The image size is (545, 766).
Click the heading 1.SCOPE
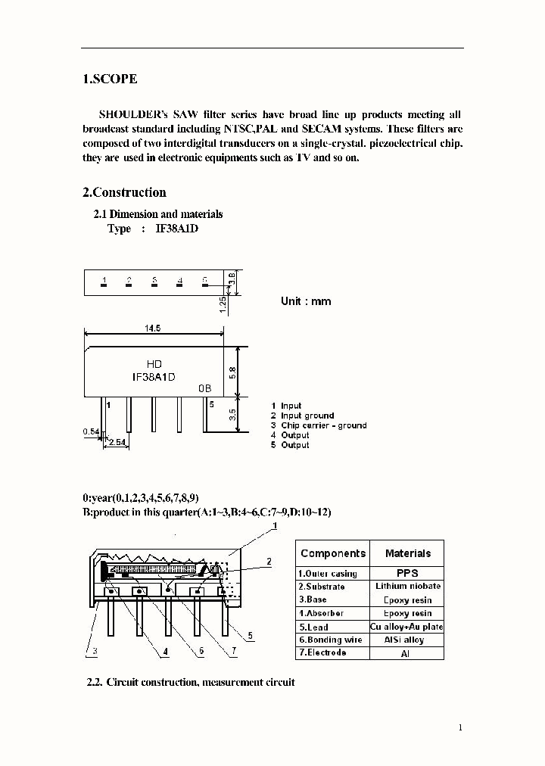(x=110, y=79)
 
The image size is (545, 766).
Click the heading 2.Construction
(x=124, y=192)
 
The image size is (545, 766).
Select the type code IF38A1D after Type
(x=176, y=229)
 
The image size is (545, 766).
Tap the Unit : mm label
(x=306, y=301)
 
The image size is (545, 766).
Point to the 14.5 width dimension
(x=152, y=329)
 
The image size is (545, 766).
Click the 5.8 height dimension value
(x=233, y=372)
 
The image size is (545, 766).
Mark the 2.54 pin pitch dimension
(x=117, y=441)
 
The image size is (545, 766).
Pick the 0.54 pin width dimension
(x=89, y=431)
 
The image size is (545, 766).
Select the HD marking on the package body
(x=154, y=365)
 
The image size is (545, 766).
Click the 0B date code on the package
(x=204, y=388)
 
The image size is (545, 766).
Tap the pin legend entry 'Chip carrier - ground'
(x=323, y=425)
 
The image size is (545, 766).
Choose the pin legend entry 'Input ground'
(x=307, y=416)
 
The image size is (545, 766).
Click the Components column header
(x=332, y=553)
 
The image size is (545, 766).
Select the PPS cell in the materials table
(x=407, y=573)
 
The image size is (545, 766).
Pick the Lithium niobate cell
(x=407, y=587)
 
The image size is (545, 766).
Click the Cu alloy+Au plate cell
(x=407, y=627)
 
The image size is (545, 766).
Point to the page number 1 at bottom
(x=459, y=727)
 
